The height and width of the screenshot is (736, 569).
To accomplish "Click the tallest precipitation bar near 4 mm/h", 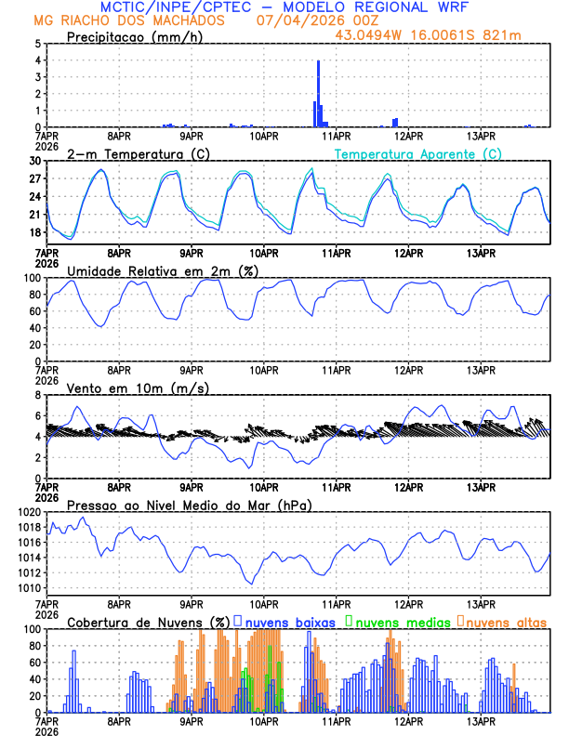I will point(318,93).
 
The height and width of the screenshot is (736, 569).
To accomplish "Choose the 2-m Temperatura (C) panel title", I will point(132,154).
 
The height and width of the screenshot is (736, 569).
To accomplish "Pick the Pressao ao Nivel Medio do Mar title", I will point(189,505).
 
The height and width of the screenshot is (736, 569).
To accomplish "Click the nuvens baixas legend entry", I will point(284,622).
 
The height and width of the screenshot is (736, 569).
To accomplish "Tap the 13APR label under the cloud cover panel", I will point(481,721).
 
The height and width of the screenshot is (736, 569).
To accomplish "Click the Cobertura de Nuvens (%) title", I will point(148,622).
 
